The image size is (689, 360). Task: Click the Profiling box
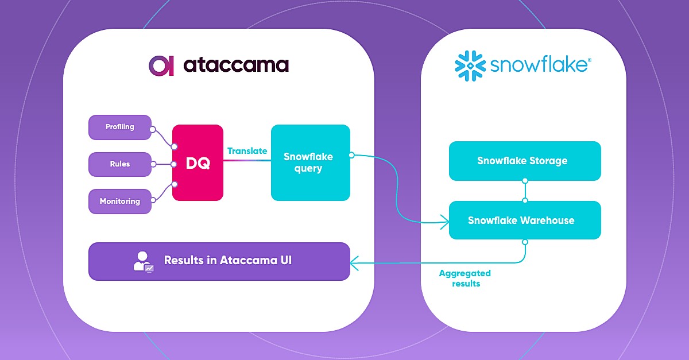tap(119, 127)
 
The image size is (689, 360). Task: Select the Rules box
tap(119, 164)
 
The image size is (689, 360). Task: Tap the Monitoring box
tap(119, 202)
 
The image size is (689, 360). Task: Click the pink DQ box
tap(198, 163)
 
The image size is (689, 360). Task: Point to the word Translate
tap(247, 151)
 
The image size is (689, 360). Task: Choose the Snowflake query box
tap(310, 163)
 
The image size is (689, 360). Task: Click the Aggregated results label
tap(465, 278)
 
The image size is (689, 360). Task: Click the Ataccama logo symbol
tap(161, 65)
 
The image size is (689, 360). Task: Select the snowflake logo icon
tap(470, 65)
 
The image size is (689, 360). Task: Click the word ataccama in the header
tap(235, 65)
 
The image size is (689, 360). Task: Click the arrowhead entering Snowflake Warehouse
tap(444, 220)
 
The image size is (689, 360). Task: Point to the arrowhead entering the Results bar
tap(354, 263)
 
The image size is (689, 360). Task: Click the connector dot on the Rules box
tap(153, 164)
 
